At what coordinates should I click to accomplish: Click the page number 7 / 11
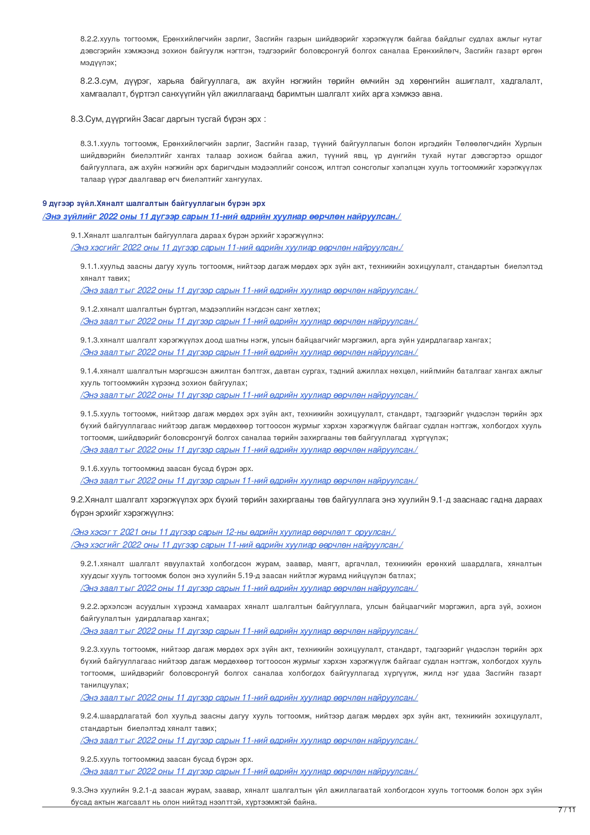click(x=566, y=810)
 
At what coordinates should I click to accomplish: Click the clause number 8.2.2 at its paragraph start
click(x=90, y=39)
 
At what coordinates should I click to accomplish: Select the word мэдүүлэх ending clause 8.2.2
click(x=98, y=63)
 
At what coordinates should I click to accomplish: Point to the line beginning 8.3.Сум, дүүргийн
click(x=168, y=119)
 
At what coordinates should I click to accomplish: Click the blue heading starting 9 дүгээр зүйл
click(x=154, y=203)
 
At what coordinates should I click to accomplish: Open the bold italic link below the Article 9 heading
click(x=222, y=216)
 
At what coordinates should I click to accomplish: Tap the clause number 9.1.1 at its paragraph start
click(x=90, y=266)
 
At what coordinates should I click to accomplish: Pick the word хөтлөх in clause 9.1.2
click(x=306, y=309)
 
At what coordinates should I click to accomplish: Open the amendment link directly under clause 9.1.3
click(x=249, y=353)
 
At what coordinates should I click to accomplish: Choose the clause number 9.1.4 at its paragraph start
click(x=90, y=371)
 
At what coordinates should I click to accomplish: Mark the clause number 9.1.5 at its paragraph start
click(x=90, y=414)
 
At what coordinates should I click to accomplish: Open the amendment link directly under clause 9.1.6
click(x=249, y=481)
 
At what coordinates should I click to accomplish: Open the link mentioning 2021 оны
click(x=233, y=532)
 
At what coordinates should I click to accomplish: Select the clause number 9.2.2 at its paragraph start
click(x=90, y=607)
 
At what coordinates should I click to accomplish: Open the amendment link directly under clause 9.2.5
click(x=249, y=771)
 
